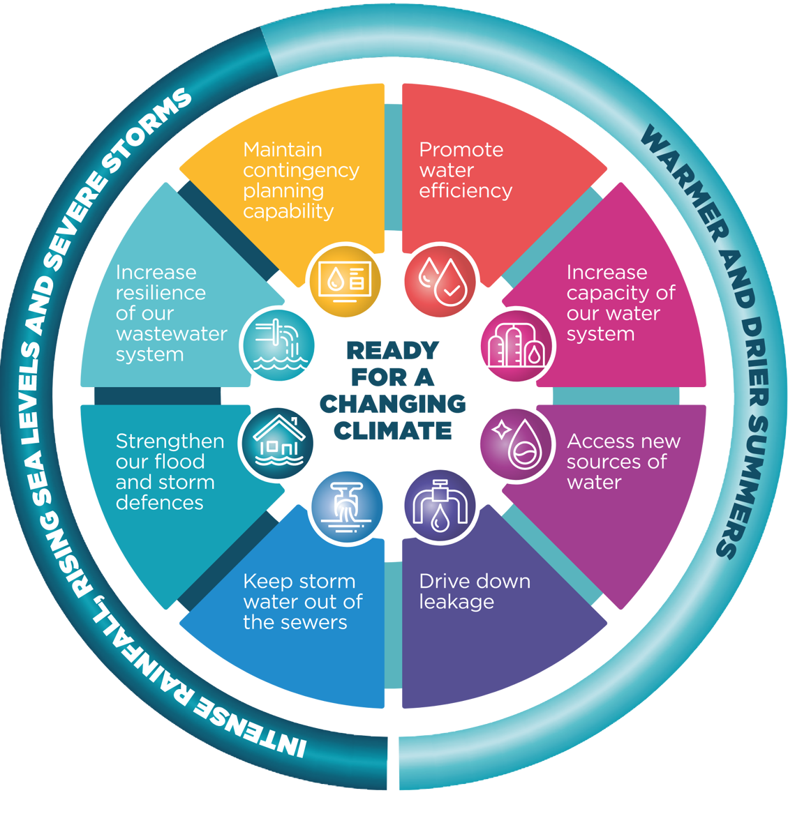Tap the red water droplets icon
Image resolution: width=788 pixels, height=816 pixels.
coord(440,280)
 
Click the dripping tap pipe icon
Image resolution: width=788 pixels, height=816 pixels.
coord(440,505)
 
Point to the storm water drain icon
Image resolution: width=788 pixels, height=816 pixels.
coord(346,506)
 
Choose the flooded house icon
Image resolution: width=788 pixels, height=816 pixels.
coord(278,441)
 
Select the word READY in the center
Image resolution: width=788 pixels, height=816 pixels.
coord(393,350)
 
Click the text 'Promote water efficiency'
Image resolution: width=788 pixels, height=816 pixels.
coord(465,170)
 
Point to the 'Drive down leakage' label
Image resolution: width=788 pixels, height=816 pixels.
coord(474,591)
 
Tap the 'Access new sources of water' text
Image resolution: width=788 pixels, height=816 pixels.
coord(623,462)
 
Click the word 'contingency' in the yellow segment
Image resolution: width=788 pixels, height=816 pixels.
coord(301,170)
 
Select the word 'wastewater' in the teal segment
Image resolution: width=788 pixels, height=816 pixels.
coord(172,334)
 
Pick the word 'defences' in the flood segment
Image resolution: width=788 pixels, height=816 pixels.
coord(159,503)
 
